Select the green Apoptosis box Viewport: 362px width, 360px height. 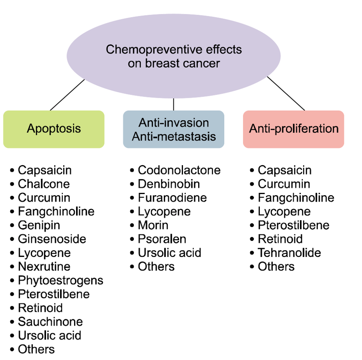[x=54, y=129]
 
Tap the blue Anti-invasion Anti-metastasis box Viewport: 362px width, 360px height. [x=173, y=129]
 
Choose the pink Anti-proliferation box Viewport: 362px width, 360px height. [x=294, y=129]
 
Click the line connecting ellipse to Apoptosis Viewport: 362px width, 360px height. [x=67, y=95]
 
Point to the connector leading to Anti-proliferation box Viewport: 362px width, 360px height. [x=286, y=93]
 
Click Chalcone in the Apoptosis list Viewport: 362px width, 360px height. [x=44, y=184]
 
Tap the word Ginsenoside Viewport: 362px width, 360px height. [x=52, y=239]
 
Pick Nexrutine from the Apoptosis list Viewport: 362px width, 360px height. [x=44, y=267]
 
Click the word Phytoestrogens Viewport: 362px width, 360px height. [x=60, y=280]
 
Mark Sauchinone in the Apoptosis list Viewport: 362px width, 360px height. [x=50, y=322]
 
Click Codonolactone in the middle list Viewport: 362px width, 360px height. [x=179, y=170]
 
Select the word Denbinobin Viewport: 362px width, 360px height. [x=169, y=184]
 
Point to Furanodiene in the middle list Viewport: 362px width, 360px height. [x=172, y=198]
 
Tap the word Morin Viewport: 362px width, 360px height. [x=153, y=225]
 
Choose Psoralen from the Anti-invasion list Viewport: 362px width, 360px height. [x=162, y=239]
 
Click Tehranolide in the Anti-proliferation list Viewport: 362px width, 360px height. [x=289, y=253]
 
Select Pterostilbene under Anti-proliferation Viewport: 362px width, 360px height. [x=294, y=225]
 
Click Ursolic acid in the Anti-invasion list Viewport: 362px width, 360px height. [x=169, y=253]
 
